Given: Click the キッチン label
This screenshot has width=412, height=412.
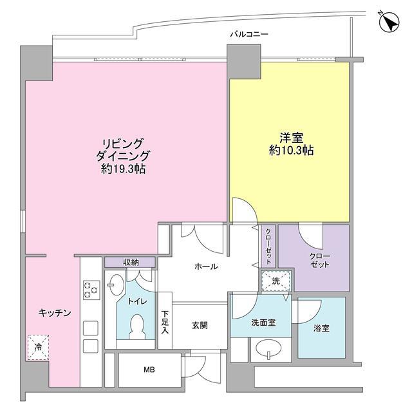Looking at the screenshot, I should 53,312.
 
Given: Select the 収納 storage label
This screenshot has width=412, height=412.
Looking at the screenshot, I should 131,262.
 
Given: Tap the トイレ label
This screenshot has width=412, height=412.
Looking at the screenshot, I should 136,301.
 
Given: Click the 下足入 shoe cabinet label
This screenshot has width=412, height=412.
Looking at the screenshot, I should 165,323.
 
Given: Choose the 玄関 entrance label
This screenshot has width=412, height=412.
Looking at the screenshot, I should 200,326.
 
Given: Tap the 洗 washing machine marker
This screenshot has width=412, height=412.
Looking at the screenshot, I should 276,281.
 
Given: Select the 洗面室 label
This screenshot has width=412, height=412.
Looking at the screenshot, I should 263,323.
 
